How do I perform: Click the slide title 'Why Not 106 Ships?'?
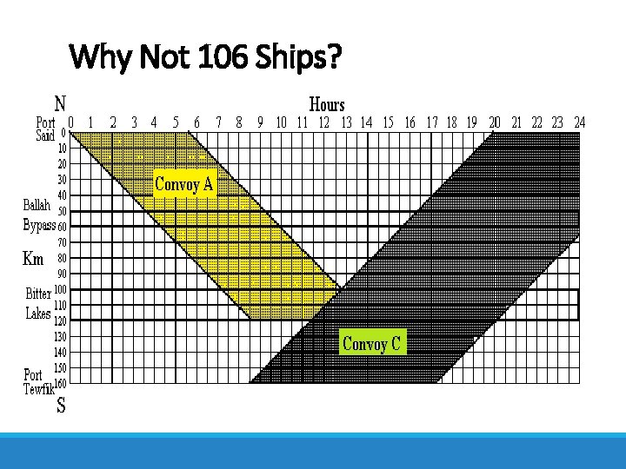pos(205,59)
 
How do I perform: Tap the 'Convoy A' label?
pos(183,183)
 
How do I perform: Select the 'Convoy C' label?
pos(371,344)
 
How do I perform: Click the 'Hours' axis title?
pos(327,105)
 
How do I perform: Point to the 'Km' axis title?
pos(32,258)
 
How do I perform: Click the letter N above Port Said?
pos(62,102)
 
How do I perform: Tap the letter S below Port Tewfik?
pos(62,405)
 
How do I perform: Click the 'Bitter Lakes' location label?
pos(38,304)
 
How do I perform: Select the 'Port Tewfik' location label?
pos(38,382)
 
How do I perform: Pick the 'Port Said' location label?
pos(45,129)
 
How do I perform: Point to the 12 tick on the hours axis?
pos(323,122)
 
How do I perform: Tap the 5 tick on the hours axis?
pos(176,122)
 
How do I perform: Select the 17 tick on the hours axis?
pos(432,122)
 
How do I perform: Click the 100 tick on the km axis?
pos(60,289)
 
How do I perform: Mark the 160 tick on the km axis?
pos(60,383)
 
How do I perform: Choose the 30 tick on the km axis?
pos(62,180)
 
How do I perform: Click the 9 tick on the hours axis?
pos(260,122)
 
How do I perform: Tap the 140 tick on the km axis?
pos(60,352)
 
